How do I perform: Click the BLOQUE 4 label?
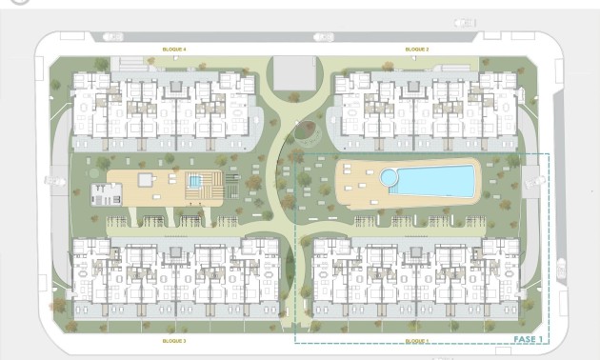(173, 49)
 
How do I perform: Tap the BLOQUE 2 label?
(416, 49)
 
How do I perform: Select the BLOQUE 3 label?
(173, 340)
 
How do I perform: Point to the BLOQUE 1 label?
(416, 340)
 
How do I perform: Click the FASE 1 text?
(528, 339)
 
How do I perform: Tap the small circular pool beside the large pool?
(389, 178)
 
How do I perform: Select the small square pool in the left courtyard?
(195, 181)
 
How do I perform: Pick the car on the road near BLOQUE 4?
(112, 36)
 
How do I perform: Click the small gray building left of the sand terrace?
(105, 193)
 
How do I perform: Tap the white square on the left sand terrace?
(145, 179)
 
